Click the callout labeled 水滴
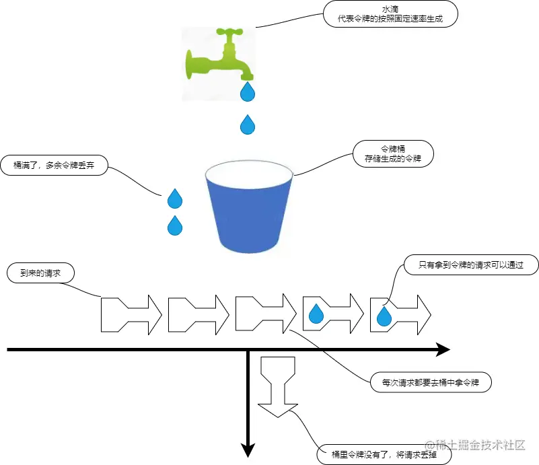(x=390, y=13)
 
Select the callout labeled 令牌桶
(x=392, y=154)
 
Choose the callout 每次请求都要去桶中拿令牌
(x=431, y=382)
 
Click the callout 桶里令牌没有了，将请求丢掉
(x=384, y=454)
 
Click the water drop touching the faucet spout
(x=248, y=91)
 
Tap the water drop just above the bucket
(x=248, y=124)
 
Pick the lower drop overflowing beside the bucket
(x=175, y=225)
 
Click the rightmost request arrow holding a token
(x=400, y=314)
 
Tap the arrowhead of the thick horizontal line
(x=442, y=349)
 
